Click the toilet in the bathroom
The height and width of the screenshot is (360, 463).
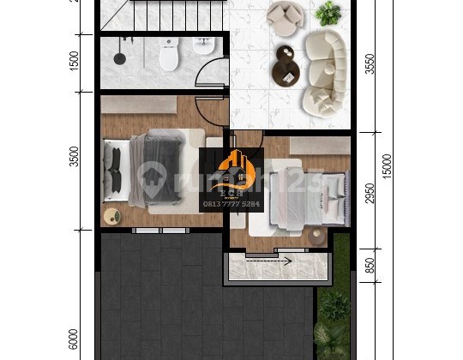(168, 57)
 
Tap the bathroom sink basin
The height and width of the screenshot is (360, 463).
(204, 48)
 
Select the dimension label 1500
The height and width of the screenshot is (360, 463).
(75, 61)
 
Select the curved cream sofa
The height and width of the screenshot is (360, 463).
(324, 75)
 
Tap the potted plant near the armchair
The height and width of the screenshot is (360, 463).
(328, 13)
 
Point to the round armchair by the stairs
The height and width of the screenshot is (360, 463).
(283, 17)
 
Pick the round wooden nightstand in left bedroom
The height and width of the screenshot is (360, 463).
(112, 215)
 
